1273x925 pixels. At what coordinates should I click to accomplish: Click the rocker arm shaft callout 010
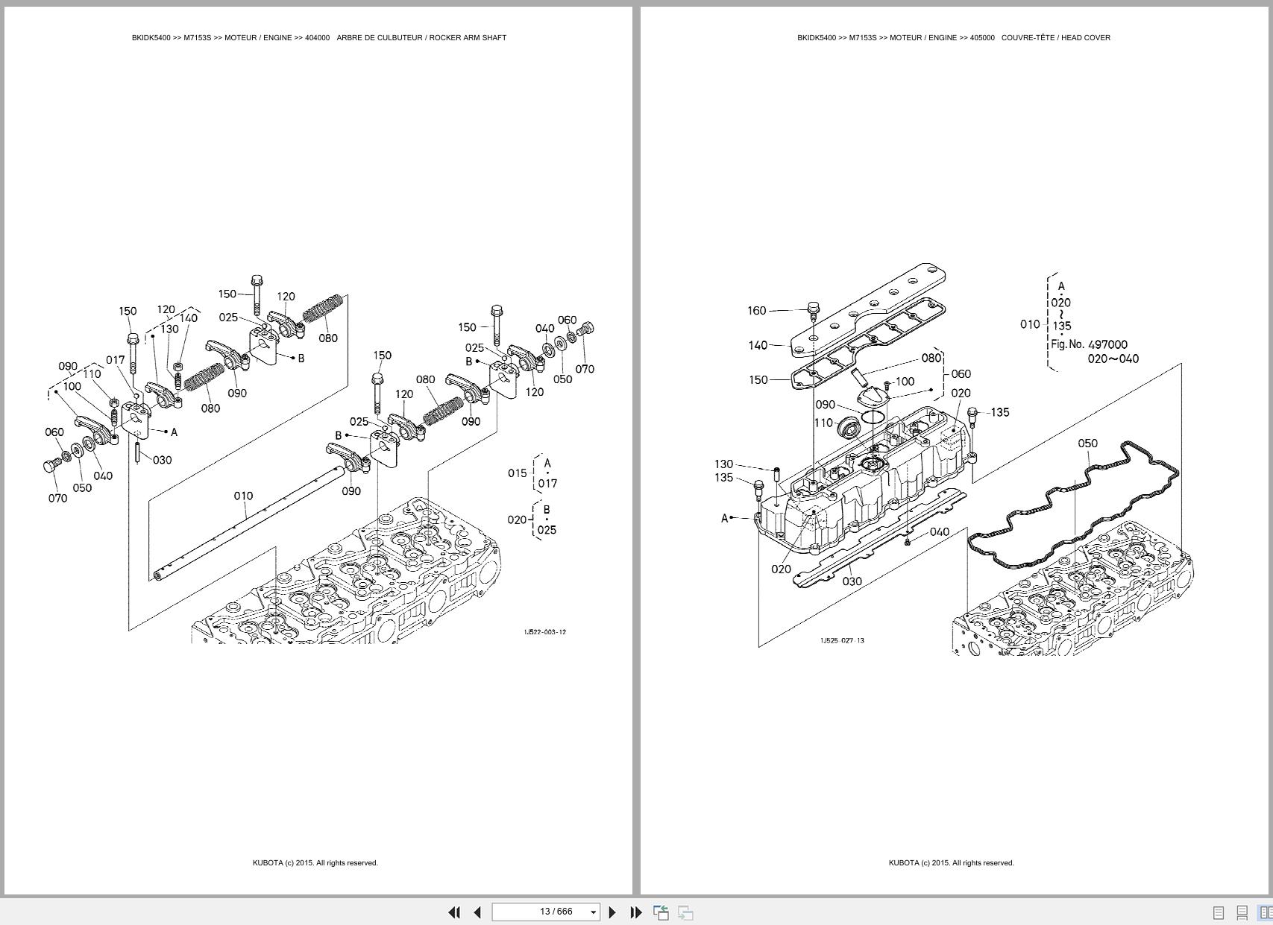pos(243,496)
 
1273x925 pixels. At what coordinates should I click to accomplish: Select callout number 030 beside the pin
pos(162,460)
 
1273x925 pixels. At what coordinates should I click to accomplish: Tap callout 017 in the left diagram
pos(115,360)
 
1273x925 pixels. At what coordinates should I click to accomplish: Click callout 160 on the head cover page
pos(756,310)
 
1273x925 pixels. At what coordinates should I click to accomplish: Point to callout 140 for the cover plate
pos(758,345)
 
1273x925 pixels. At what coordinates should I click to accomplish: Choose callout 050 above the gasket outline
pos(1087,443)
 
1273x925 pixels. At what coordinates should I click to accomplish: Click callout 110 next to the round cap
pos(823,423)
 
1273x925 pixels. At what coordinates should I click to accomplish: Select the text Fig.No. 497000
pos(1089,344)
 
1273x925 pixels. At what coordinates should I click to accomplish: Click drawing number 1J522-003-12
pos(544,632)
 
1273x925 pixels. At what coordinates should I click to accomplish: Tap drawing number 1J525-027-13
pos(842,640)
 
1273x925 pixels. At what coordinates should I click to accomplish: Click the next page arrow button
pos(612,912)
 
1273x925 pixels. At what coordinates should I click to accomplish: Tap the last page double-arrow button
pos(636,912)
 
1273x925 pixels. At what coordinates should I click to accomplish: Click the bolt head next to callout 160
pos(814,308)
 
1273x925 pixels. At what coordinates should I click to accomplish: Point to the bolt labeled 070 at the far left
pos(51,467)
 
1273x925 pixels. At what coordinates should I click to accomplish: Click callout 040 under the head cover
pos(940,531)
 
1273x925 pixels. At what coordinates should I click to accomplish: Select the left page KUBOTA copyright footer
pos(315,863)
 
